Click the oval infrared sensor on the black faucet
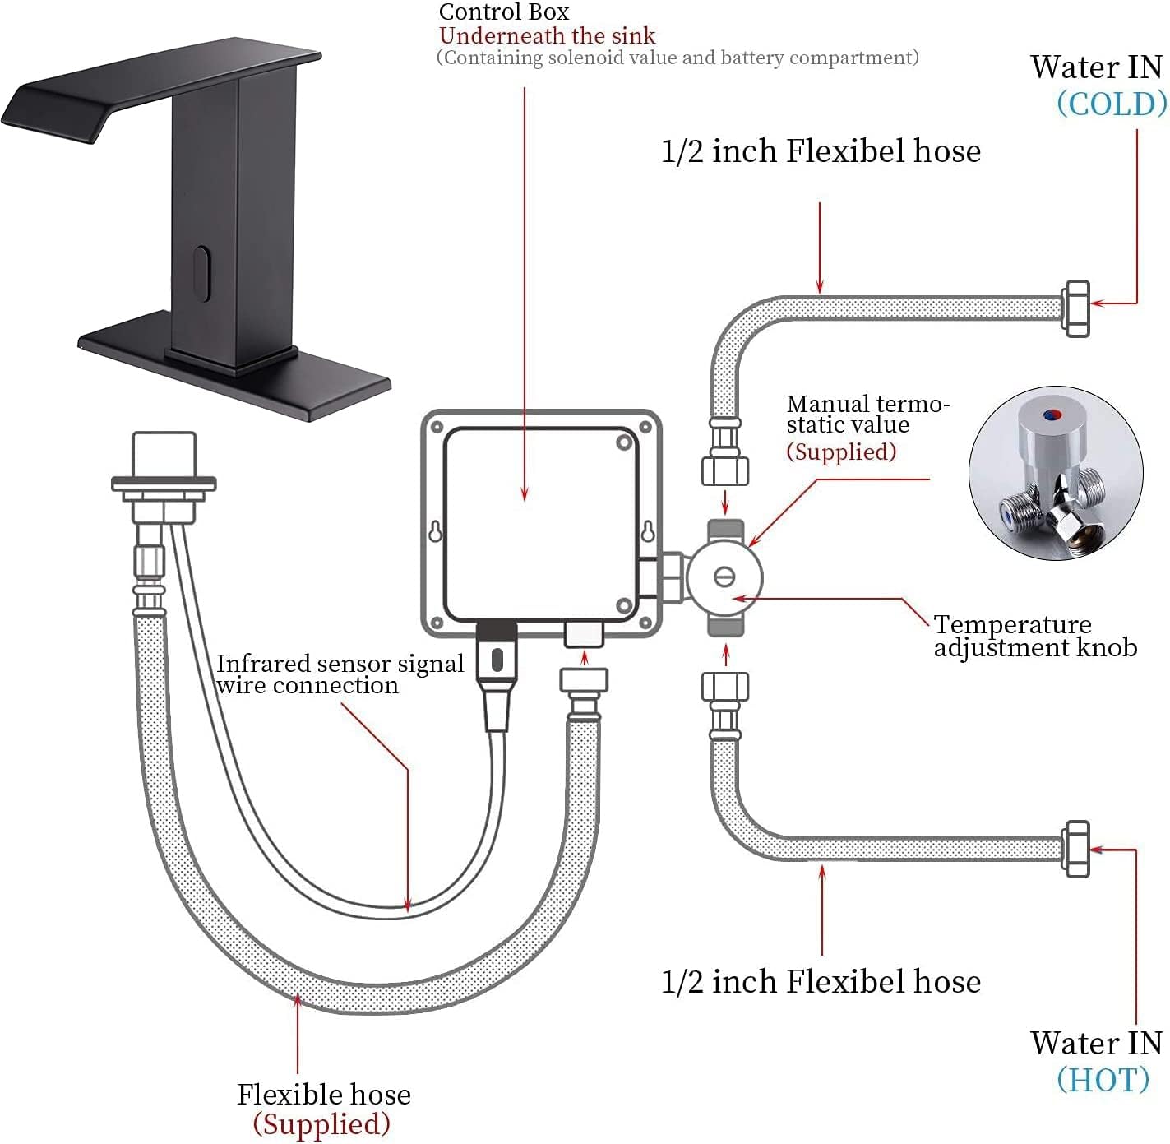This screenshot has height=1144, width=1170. (199, 271)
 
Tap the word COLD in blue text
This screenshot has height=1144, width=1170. (1111, 104)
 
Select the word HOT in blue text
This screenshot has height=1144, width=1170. (1103, 1080)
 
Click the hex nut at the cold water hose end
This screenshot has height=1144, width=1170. (1075, 308)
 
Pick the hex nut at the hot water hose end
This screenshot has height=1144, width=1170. (1075, 849)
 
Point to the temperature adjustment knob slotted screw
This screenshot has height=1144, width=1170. (724, 577)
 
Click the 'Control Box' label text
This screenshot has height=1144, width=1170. (503, 12)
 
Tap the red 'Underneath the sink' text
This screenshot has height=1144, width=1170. (547, 36)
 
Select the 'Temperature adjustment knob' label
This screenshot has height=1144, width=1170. (1034, 636)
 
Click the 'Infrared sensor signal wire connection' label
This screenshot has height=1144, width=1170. (339, 674)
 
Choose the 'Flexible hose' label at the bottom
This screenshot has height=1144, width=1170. (323, 1095)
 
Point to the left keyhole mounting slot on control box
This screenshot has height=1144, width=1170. (435, 532)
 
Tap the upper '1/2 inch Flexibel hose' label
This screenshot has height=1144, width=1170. (821, 151)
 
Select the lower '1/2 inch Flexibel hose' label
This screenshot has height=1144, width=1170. (821, 982)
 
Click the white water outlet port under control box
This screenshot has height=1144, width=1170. (584, 633)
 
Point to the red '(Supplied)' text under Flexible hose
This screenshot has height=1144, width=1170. (321, 1124)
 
